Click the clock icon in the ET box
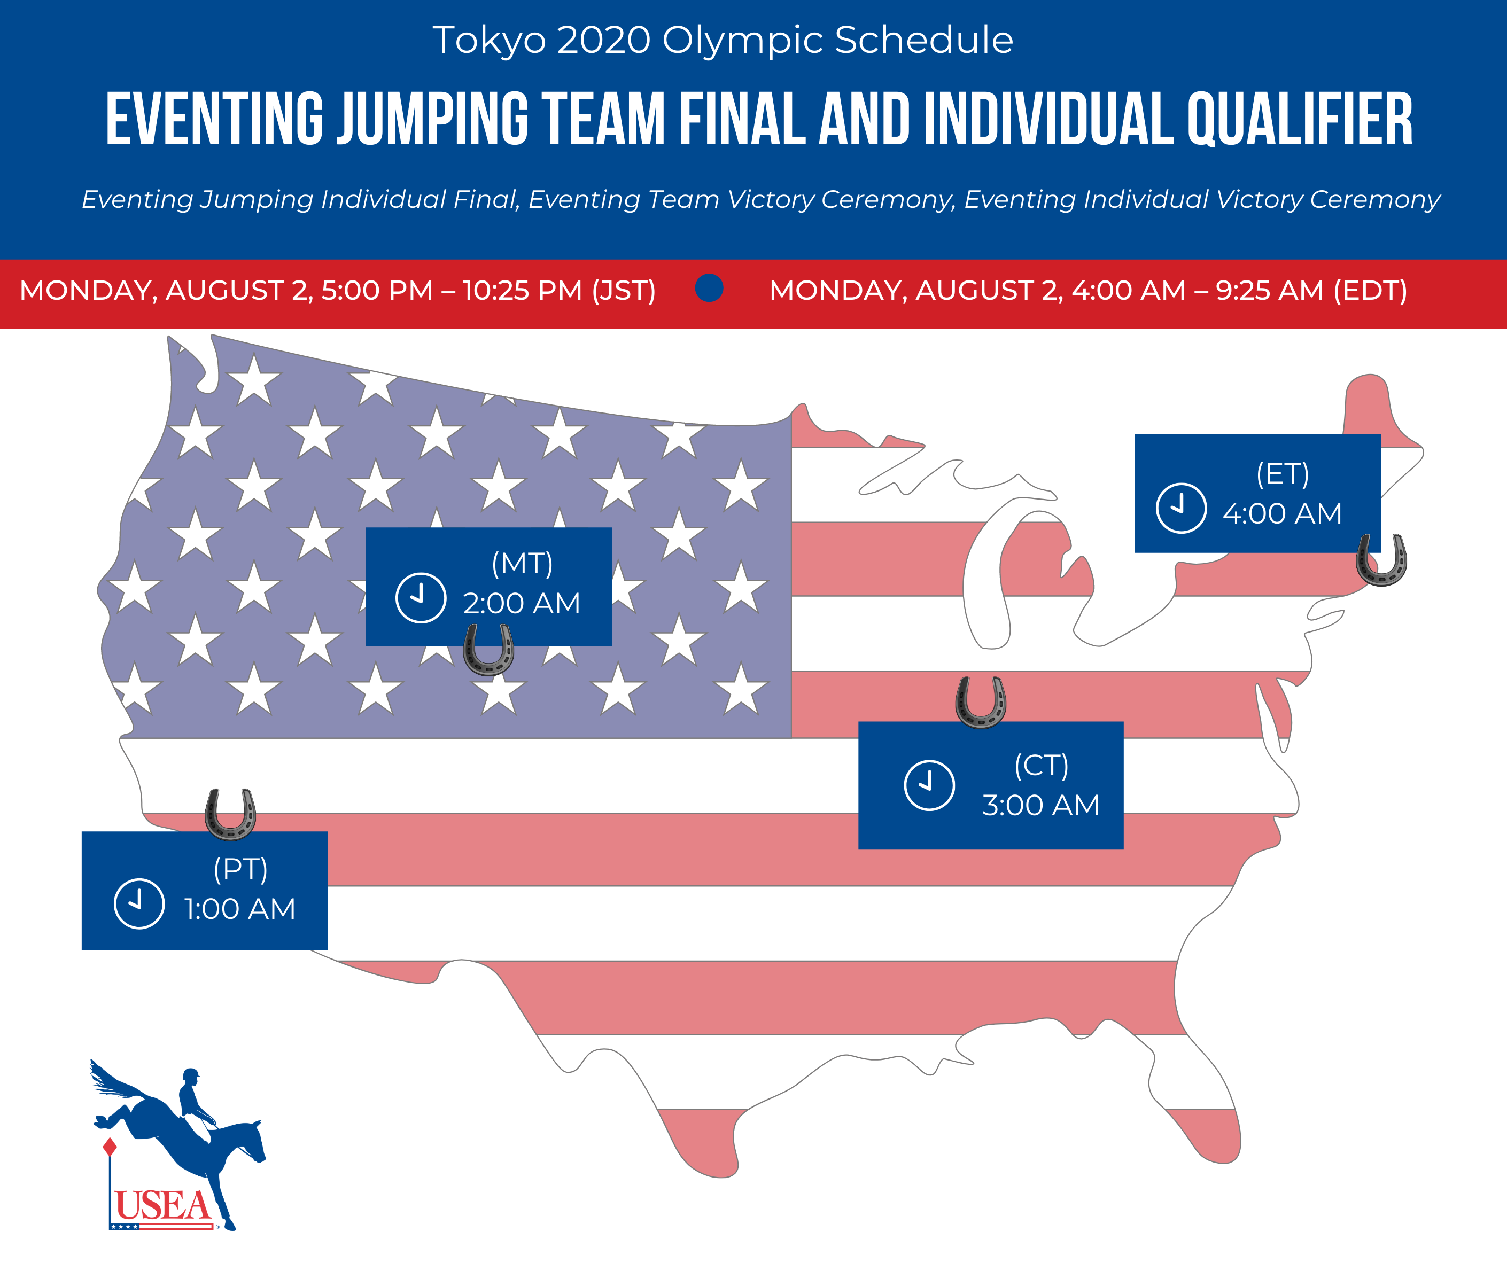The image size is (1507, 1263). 1180,508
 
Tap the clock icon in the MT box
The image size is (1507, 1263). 421,598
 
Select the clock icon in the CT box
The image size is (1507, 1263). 929,785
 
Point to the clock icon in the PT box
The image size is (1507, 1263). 139,903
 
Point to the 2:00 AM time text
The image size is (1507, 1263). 522,604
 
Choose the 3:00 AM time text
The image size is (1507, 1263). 1040,805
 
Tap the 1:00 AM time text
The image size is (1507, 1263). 240,909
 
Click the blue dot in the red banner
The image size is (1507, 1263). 709,289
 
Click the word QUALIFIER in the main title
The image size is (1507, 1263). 1300,120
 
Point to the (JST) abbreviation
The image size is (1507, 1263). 624,291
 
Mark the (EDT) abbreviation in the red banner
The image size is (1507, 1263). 1370,291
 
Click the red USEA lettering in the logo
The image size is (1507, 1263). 163,1206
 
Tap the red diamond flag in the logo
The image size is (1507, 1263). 110,1147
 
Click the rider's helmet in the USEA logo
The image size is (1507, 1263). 191,1075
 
